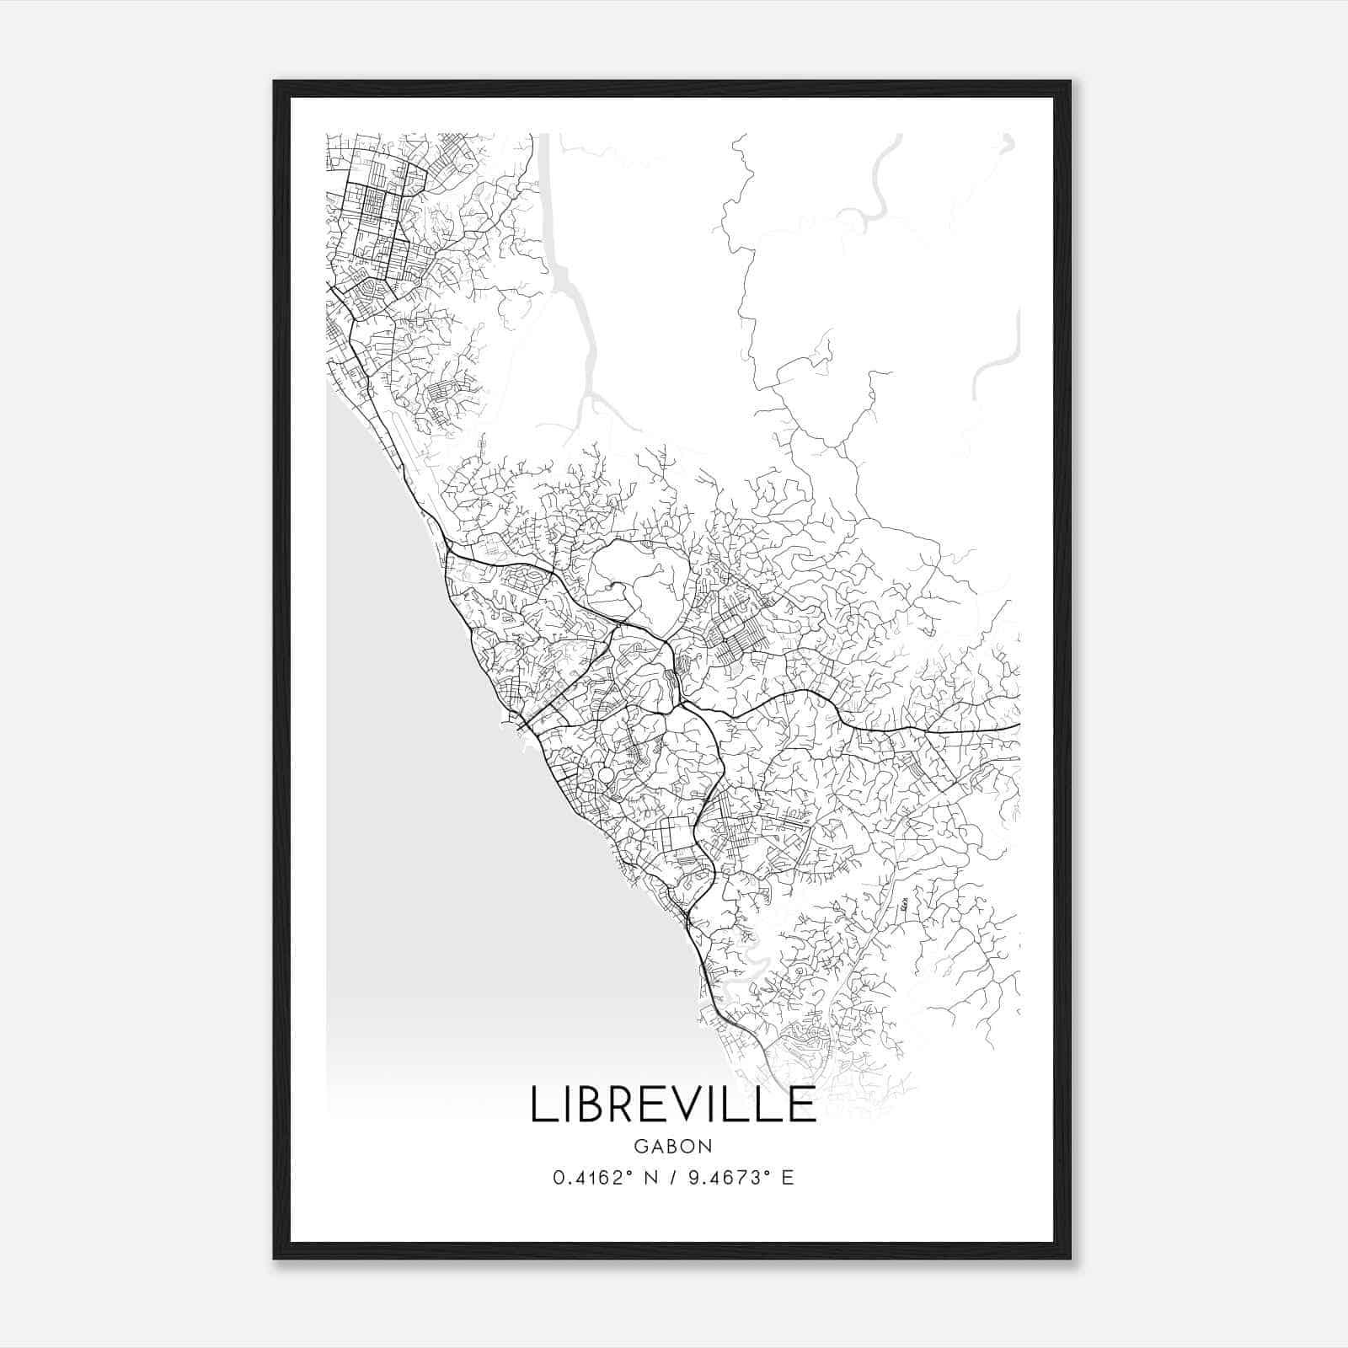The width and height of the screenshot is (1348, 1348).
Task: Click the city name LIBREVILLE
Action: (673, 1105)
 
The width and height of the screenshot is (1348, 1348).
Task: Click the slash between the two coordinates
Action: (674, 1178)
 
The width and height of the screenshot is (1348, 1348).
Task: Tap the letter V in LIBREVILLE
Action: (693, 1105)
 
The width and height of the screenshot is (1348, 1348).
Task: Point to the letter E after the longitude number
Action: (788, 1178)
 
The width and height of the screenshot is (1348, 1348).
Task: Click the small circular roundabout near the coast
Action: (606, 775)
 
